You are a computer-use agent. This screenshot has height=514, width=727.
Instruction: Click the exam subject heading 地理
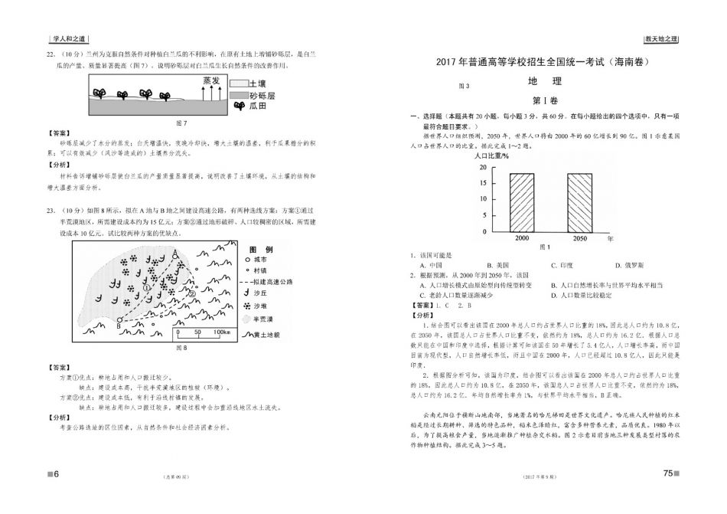(544, 81)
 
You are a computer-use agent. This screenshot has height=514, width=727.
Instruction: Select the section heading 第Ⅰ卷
(544, 100)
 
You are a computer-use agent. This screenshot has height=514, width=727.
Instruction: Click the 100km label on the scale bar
(222, 332)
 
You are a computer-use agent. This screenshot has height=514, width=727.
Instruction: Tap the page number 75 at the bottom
(667, 473)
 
